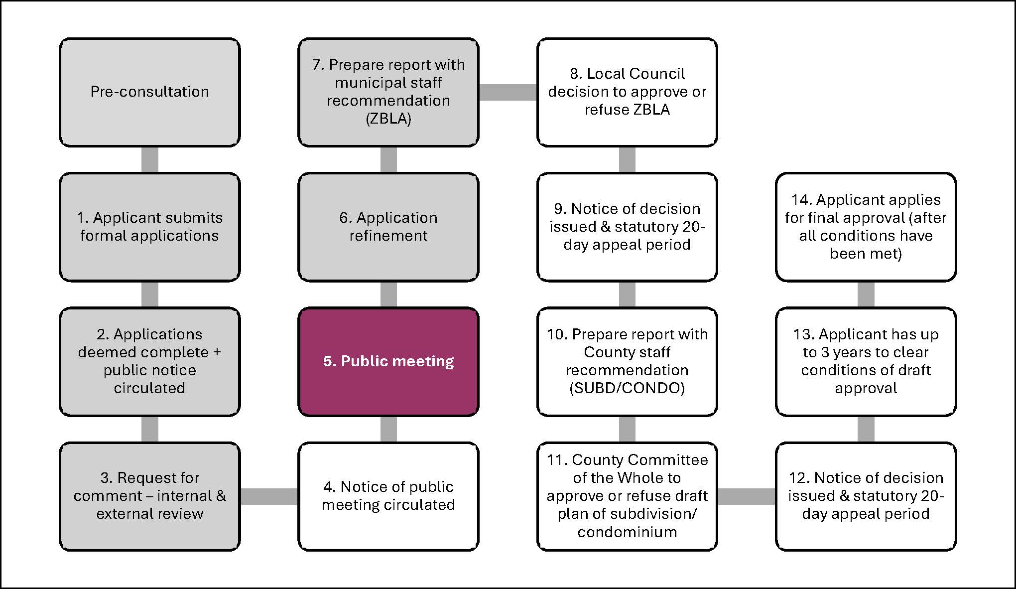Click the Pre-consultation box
click(149, 92)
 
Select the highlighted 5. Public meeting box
click(388, 361)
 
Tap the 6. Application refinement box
click(388, 227)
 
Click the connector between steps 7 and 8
click(508, 92)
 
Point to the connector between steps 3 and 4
click(269, 496)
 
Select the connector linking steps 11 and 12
click(746, 496)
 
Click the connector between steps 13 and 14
click(866, 294)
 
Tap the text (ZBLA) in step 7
click(388, 119)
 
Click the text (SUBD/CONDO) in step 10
click(627, 388)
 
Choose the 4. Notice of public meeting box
click(388, 496)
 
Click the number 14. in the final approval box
click(801, 200)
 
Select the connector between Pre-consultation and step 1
click(149, 159)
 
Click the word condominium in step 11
click(627, 532)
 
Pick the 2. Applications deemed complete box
click(149, 361)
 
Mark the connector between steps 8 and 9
click(627, 159)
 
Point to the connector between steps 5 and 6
click(388, 294)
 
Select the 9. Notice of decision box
click(627, 227)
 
